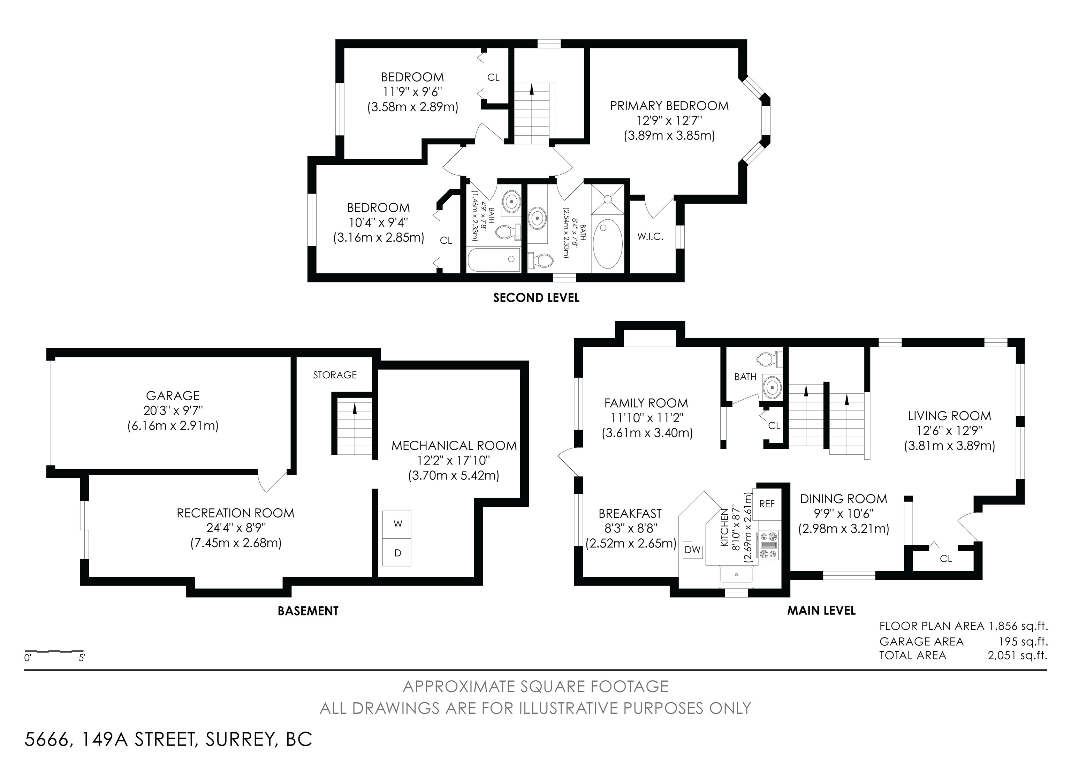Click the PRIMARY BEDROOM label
click(669, 106)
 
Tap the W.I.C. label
click(650, 236)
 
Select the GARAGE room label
click(173, 395)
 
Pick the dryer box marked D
click(397, 552)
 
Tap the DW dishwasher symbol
click(693, 550)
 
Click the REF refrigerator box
click(767, 504)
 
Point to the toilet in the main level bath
click(769, 359)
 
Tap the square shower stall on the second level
click(607, 199)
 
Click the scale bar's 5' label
click(82, 658)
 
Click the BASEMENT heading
click(308, 611)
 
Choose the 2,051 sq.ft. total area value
click(1017, 655)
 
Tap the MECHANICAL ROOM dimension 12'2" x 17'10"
click(454, 460)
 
